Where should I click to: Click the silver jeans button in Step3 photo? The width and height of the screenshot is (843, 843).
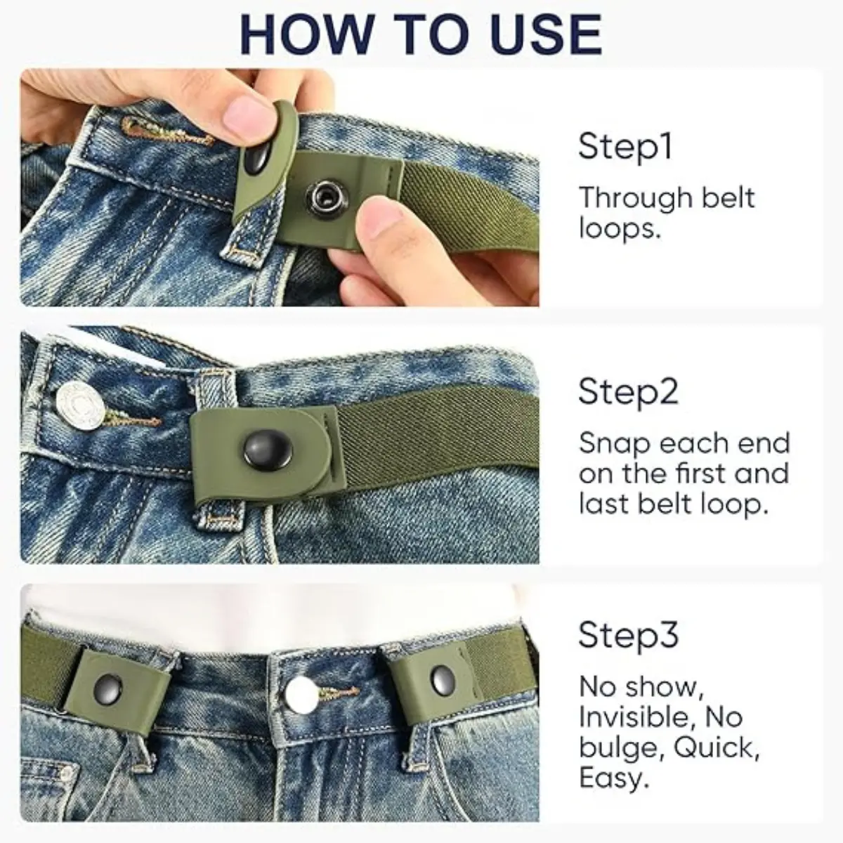pos(301,694)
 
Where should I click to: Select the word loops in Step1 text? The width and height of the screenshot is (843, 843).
pos(619,228)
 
